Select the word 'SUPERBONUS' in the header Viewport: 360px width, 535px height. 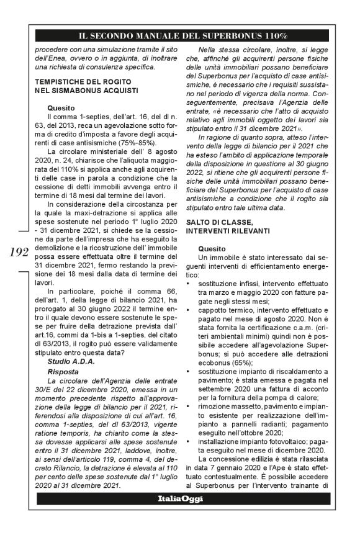(x=233, y=35)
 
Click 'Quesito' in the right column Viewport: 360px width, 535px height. (x=211, y=248)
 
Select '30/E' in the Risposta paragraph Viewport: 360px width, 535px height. (x=45, y=389)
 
